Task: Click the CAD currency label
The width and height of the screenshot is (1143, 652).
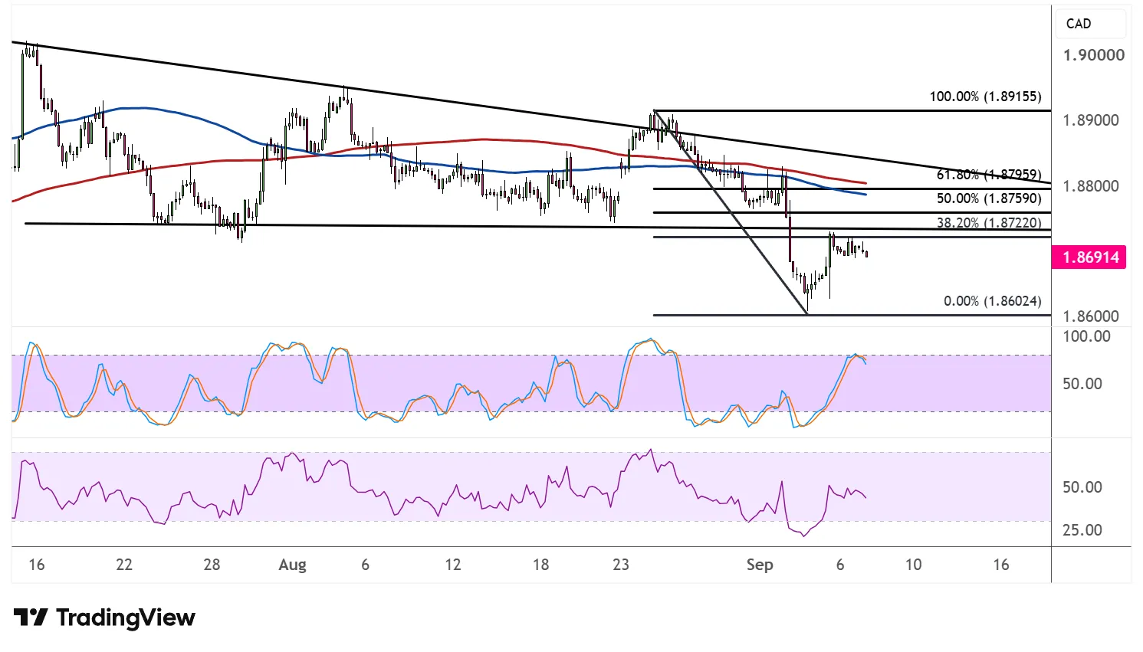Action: coord(1079,24)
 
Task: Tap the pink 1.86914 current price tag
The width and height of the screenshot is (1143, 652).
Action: coord(1089,257)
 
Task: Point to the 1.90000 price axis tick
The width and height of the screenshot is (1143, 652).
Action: coord(1094,55)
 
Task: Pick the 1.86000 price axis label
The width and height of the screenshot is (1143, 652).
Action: coord(1091,316)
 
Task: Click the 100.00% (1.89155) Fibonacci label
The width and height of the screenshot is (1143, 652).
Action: coord(985,97)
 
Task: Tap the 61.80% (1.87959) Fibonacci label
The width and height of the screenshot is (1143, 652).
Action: coord(989,175)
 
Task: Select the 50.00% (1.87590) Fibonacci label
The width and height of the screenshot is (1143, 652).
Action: coord(989,198)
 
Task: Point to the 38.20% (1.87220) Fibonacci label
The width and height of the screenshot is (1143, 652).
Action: coord(989,223)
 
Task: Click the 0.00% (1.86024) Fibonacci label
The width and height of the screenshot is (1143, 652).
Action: coord(993,301)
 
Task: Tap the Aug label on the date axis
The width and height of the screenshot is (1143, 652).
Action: coord(292,565)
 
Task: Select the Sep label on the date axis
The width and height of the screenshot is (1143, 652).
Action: coord(760,565)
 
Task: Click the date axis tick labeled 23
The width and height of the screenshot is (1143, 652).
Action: coord(620,565)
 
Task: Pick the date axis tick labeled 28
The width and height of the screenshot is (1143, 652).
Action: coord(212,565)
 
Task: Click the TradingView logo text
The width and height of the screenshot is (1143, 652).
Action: coord(126,618)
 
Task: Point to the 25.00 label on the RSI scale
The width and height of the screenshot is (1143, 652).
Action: coord(1082,530)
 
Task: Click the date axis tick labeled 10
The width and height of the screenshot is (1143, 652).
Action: coord(913,565)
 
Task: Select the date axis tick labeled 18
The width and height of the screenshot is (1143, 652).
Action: coord(541,565)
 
